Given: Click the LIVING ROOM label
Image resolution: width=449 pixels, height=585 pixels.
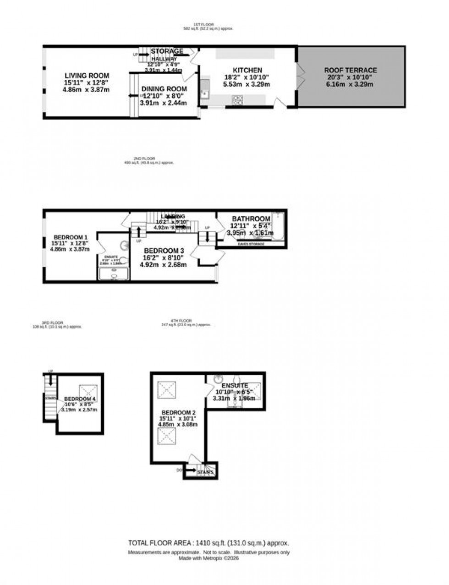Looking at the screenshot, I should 87,76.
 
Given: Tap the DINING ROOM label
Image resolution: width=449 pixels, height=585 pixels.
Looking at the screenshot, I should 164,89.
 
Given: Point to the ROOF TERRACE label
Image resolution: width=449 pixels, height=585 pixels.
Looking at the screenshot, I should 350,70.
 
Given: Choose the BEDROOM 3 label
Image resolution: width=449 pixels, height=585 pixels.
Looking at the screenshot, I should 164,251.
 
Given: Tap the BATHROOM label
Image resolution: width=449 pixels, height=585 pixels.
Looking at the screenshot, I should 251,219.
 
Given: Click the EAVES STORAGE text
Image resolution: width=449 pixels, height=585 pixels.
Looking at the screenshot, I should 250,244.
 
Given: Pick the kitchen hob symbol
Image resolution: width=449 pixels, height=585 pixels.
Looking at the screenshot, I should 238,100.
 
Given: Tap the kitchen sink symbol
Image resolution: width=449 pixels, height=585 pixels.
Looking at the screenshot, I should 204,89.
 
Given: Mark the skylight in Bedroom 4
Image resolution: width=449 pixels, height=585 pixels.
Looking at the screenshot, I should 88,393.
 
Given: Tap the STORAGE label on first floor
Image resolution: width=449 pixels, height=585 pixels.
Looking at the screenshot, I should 167,51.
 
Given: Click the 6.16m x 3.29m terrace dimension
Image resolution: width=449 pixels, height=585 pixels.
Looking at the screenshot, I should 350,84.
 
